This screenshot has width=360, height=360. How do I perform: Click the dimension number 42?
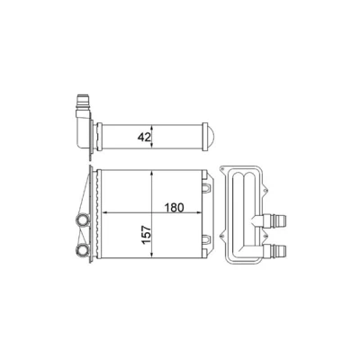point(144,137)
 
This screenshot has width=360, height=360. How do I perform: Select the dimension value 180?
point(174,207)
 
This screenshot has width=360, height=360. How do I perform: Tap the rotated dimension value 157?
point(146,235)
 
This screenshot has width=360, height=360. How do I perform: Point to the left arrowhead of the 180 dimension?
point(105,212)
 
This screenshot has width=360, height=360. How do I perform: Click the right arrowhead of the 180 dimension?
point(198,212)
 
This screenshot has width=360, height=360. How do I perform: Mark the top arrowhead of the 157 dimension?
point(152,174)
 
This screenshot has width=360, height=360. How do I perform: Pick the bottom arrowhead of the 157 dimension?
point(152,255)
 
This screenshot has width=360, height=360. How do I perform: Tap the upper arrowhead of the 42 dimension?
point(152,128)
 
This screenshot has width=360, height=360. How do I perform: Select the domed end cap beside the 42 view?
point(211,137)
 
